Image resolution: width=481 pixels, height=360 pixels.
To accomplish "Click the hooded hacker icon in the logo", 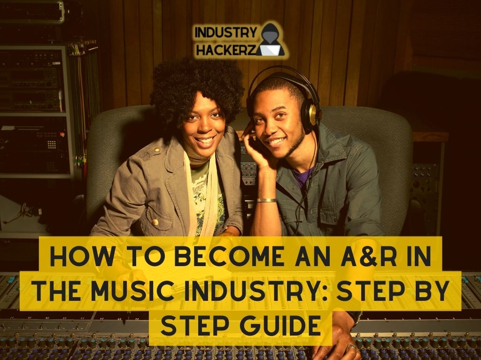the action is pos(270,39).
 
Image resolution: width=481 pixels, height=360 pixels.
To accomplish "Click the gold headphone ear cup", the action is pos(313,114).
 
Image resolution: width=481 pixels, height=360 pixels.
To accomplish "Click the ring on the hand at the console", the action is pos(351,348).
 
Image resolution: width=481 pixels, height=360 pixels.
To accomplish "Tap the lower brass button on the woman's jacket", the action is pos(155,222).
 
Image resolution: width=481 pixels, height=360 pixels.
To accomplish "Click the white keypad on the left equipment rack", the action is pos(52,145).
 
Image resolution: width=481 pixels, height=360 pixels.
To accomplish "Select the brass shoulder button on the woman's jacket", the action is pos(157,150).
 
